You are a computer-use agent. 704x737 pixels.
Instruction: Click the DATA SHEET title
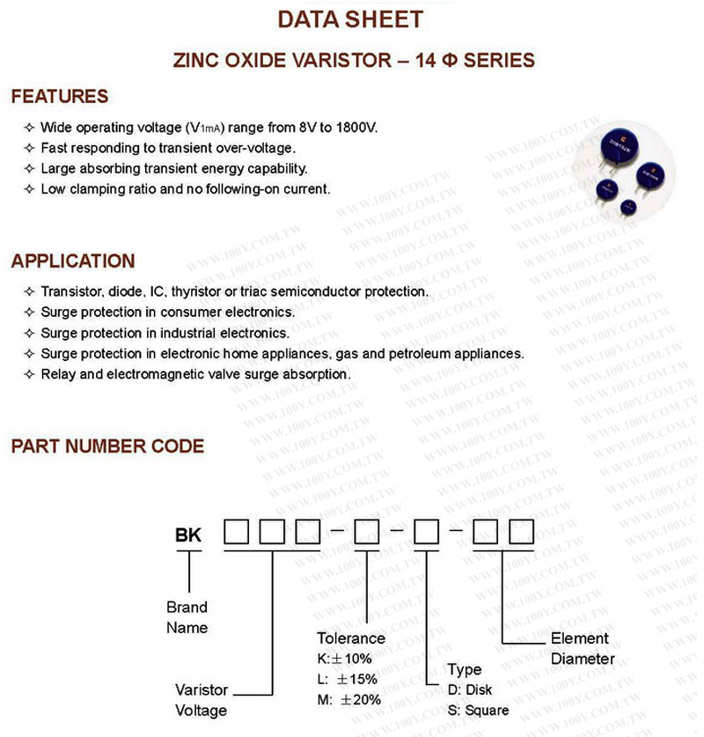coord(350,19)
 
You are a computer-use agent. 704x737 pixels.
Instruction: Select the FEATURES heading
coord(60,97)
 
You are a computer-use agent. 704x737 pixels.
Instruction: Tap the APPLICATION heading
coord(73,262)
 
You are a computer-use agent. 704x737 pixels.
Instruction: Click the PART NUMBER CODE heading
coord(107,446)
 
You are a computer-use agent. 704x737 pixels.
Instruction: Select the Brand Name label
coord(187,617)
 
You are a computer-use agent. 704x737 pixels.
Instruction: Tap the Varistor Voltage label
coord(202,700)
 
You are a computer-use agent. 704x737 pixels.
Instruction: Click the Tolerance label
coord(351,638)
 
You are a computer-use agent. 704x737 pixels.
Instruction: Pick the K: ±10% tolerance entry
coord(345,659)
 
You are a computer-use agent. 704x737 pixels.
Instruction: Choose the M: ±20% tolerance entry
coord(349,700)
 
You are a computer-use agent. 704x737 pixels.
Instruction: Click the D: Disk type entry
coord(470,690)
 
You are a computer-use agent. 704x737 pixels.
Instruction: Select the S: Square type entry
coord(478,711)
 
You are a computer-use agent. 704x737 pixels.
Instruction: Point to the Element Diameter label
coord(582,649)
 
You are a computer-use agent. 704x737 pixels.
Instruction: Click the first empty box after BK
coord(238,533)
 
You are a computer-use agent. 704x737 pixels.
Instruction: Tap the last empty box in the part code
coord(522,533)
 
